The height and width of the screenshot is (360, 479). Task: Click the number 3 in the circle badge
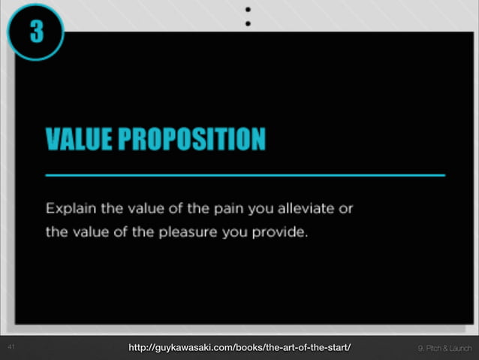point(35,33)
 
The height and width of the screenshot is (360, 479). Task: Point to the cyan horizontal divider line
point(245,174)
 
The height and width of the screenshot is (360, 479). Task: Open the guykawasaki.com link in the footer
point(239,347)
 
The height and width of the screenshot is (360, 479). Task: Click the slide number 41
point(11,347)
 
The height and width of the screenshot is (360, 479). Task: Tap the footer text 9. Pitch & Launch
point(444,348)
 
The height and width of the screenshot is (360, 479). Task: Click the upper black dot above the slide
point(247,10)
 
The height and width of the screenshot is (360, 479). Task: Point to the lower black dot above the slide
point(247,23)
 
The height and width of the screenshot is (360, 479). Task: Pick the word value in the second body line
point(88,231)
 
